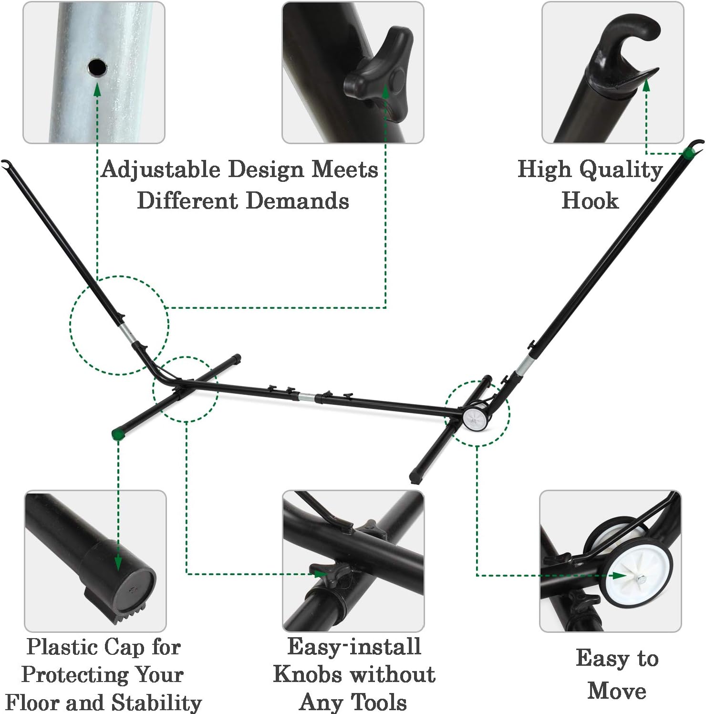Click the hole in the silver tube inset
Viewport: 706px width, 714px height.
97,67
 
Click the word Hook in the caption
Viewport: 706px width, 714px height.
590,200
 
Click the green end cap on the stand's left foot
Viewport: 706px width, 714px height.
117,433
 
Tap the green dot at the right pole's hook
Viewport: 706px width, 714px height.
688,153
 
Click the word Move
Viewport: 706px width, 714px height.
617,691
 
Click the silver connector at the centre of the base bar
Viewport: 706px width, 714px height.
307,397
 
